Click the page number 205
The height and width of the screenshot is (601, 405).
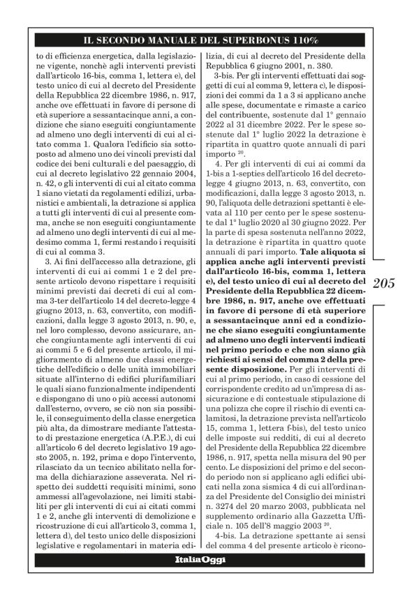[384, 283]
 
